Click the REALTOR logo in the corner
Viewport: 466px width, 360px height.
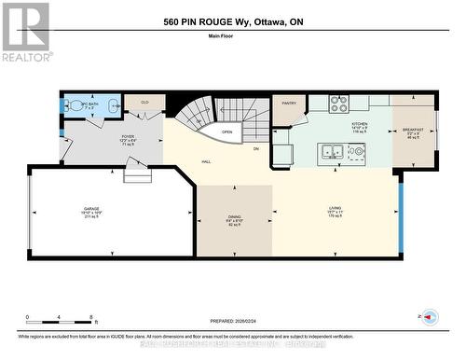pyautogui.click(x=24, y=32)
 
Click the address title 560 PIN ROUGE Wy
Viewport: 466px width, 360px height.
pyautogui.click(x=232, y=21)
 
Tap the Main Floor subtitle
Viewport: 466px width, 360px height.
pyautogui.click(x=232, y=38)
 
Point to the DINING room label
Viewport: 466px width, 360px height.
pyautogui.click(x=235, y=222)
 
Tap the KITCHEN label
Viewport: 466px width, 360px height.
pyautogui.click(x=360, y=125)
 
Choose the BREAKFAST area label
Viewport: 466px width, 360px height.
pyautogui.click(x=415, y=132)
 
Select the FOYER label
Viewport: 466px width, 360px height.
pyautogui.click(x=128, y=138)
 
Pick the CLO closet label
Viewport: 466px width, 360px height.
pyautogui.click(x=144, y=102)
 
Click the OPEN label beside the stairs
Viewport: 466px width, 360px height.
pyautogui.click(x=226, y=132)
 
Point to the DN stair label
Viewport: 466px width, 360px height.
pyautogui.click(x=257, y=147)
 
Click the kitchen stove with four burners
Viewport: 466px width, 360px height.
pyautogui.click(x=339, y=104)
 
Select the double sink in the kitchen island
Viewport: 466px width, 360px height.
pyautogui.click(x=331, y=150)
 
